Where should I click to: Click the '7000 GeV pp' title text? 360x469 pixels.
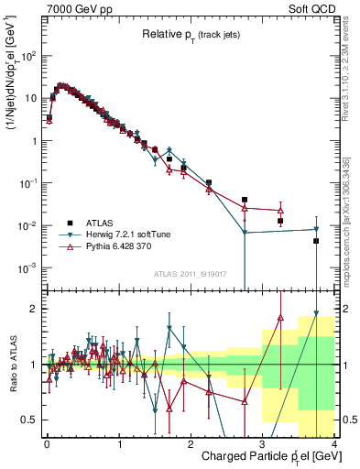click(x=77, y=8)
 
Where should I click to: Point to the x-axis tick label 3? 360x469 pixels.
click(x=262, y=443)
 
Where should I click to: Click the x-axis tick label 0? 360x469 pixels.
click(x=47, y=443)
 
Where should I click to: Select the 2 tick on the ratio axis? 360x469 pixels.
click(x=35, y=309)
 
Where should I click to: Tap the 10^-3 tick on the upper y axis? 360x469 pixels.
click(x=27, y=268)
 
